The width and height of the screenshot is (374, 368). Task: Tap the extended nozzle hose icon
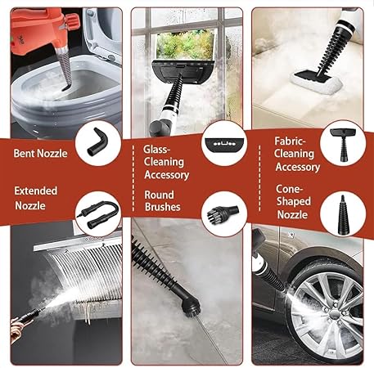[97, 214]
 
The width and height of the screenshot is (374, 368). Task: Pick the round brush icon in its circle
[223, 213]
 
